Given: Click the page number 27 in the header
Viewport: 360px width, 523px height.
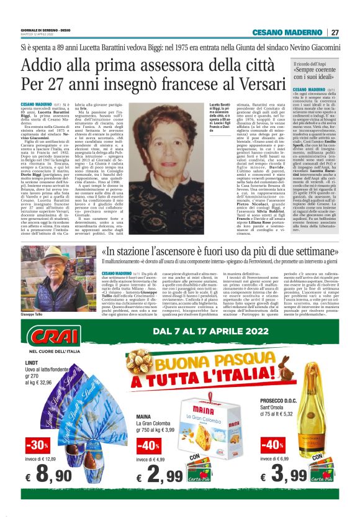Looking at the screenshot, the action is (x=335, y=32).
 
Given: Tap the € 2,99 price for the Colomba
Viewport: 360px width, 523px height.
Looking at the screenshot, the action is (x=160, y=477).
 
